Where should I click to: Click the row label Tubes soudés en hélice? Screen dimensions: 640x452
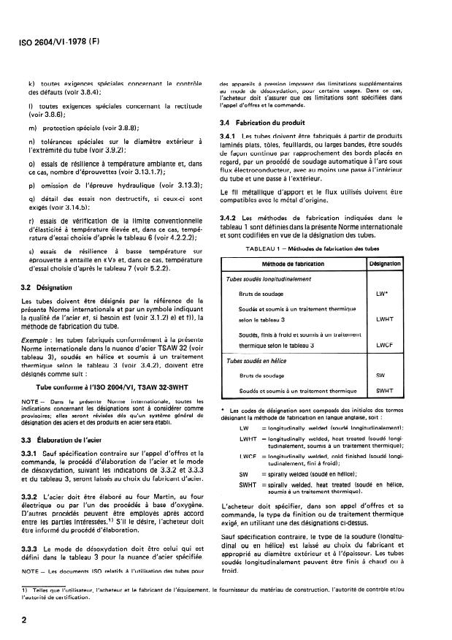click(x=255, y=360)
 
